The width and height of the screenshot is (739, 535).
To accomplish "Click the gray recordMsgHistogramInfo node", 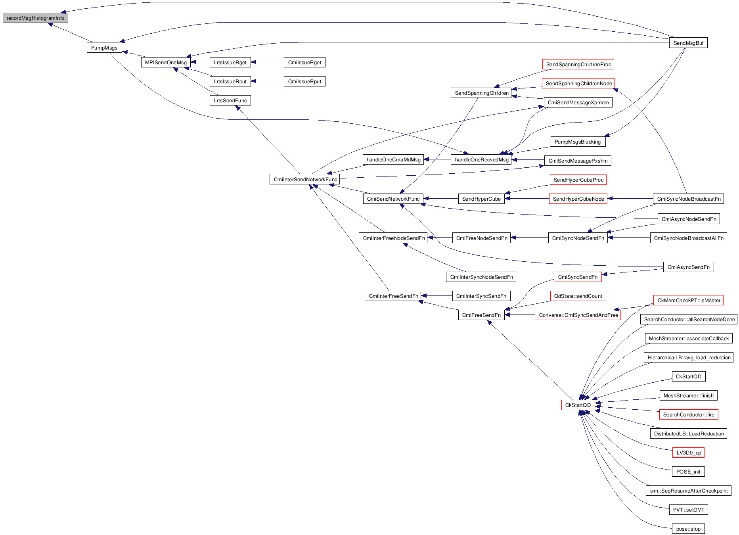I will (35, 18).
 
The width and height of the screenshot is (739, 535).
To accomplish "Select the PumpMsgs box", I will (104, 48).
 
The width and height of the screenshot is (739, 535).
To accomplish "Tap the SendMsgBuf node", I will (688, 43).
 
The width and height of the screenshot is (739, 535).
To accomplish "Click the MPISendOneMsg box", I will (166, 62).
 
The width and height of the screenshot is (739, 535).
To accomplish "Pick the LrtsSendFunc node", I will (230, 100).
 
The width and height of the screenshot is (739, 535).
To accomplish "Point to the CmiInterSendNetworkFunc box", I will (305, 179).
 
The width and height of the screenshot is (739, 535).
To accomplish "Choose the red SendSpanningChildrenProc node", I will (578, 64).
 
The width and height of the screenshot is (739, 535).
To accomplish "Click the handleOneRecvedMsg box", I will (481, 159).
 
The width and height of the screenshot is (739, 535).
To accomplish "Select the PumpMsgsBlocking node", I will (577, 142).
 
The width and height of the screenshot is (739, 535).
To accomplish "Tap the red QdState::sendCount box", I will (578, 296).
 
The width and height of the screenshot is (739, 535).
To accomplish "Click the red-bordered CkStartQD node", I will (578, 405).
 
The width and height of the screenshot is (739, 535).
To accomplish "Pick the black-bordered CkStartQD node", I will (688, 376).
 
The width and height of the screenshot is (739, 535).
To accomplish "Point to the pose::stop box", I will (688, 529).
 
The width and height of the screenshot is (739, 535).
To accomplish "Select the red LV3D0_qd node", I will (688, 453).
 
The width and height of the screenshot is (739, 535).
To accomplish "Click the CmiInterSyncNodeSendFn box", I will (481, 277).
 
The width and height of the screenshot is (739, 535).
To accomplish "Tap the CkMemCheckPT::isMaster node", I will (689, 300).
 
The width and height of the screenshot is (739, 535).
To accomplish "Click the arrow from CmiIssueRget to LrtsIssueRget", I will (268, 62).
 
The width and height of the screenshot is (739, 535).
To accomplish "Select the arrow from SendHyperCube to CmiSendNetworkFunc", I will (440, 199).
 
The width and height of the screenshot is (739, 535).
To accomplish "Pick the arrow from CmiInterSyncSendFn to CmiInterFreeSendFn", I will (437, 296).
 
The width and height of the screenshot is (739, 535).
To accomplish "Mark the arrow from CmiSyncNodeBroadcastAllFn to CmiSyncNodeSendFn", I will (629, 238).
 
